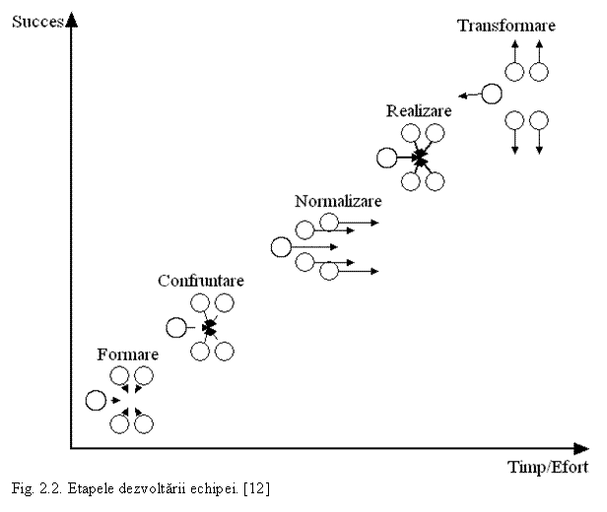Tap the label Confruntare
[201, 282]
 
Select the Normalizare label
[338, 202]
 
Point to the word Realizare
[418, 111]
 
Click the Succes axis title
[37, 19]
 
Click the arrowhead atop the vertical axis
[71, 21]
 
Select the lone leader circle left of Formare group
[95, 400]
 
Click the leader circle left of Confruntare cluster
[176, 328]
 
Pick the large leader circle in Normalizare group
[282, 246]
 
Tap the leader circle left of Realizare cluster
[387, 157]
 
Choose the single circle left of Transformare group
[491, 94]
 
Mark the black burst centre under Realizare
[422, 157]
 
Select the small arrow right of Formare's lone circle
[114, 400]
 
